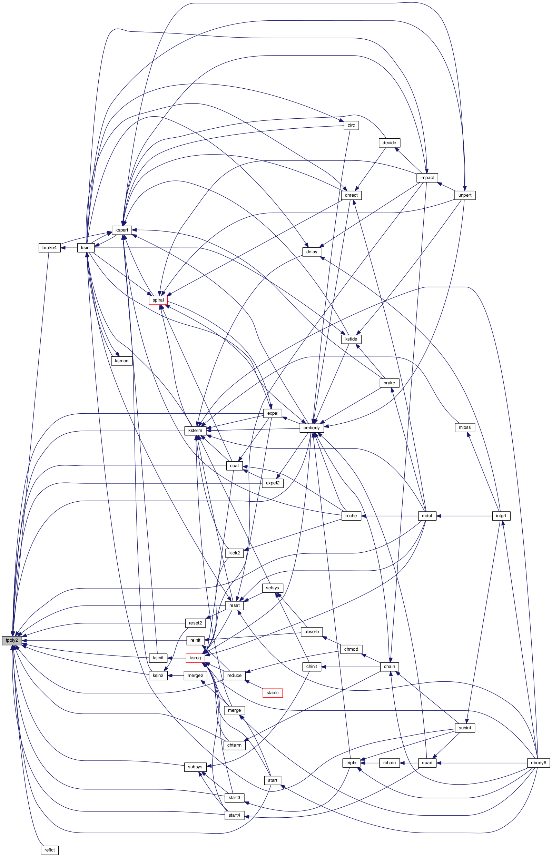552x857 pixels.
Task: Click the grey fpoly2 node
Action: (x=12, y=641)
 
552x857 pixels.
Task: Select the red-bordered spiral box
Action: (x=158, y=300)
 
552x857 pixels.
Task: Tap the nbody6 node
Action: (x=539, y=763)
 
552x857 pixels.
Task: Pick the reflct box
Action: (x=49, y=850)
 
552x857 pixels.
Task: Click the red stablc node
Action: (x=273, y=693)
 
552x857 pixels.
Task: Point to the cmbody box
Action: (x=312, y=427)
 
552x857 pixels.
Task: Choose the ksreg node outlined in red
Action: (x=195, y=658)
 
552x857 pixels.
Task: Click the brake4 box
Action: (x=49, y=248)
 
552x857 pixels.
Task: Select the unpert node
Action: (x=465, y=195)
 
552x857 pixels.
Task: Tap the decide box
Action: (x=389, y=142)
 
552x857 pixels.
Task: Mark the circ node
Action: (x=351, y=126)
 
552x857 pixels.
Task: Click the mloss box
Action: (x=465, y=427)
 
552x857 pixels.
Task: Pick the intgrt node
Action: (x=501, y=516)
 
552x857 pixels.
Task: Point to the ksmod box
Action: (x=122, y=361)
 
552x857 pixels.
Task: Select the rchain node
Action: (x=389, y=763)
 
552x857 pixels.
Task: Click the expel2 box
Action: (x=273, y=483)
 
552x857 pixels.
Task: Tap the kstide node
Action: (x=351, y=339)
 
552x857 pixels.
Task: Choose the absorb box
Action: (x=312, y=632)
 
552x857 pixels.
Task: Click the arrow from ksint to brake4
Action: (x=69, y=248)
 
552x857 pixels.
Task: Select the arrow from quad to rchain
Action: (x=409, y=763)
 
